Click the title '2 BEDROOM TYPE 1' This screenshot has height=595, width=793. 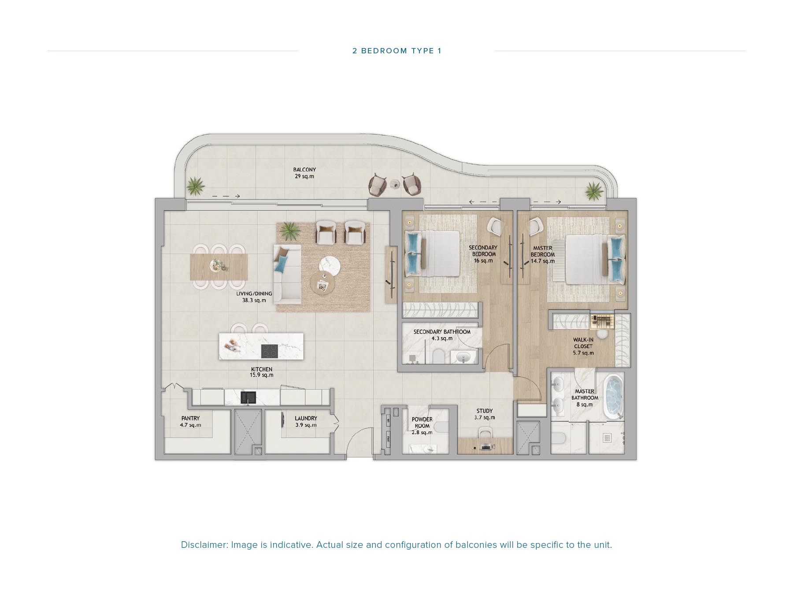tap(396, 51)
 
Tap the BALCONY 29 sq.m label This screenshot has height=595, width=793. tap(304, 173)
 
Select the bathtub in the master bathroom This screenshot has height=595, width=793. tap(613, 396)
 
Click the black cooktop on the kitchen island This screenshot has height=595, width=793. tap(270, 351)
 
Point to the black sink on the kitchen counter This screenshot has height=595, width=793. tap(248, 398)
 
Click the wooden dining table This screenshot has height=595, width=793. tap(219, 267)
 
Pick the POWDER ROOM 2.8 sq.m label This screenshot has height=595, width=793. tap(422, 426)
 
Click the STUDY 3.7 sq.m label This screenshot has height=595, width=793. tap(484, 414)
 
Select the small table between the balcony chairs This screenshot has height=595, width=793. tap(395, 184)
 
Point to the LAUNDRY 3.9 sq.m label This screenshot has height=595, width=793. tap(306, 421)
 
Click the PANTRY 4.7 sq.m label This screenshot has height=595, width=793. tap(190, 421)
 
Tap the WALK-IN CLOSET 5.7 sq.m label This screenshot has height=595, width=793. tap(583, 346)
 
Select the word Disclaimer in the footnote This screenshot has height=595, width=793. tap(204, 545)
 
